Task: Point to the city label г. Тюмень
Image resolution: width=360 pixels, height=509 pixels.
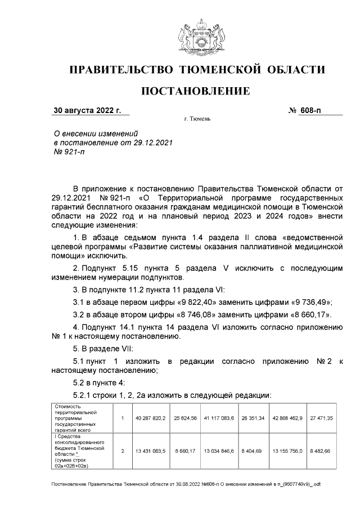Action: coord(197,120)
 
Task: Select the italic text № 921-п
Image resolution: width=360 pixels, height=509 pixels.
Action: coord(69,152)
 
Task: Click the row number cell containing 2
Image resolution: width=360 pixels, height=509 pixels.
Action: coord(122,451)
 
